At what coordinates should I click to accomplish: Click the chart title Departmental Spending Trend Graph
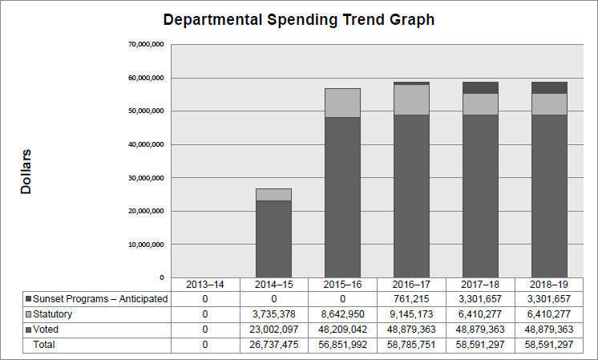point(298,20)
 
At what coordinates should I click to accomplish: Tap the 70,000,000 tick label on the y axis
point(146,44)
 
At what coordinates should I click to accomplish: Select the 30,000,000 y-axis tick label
point(146,177)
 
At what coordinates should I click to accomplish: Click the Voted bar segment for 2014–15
point(273,239)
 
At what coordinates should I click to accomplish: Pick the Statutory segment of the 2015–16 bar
point(342,103)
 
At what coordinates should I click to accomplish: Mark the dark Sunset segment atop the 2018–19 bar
point(549,87)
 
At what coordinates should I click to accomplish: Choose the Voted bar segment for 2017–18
point(480,196)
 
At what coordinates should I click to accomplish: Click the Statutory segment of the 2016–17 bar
point(411,99)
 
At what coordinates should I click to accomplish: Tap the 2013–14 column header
point(204,285)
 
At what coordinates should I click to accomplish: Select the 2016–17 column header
point(411,285)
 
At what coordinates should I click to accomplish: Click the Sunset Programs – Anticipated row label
point(100,299)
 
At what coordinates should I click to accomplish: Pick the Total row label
point(46,345)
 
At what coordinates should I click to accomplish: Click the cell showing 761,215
point(411,299)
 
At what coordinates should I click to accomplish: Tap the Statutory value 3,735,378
point(273,314)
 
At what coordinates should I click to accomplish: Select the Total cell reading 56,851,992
point(342,345)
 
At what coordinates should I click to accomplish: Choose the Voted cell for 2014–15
point(273,330)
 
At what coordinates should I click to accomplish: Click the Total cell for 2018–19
point(549,345)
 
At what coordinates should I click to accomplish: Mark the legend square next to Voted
point(29,330)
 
